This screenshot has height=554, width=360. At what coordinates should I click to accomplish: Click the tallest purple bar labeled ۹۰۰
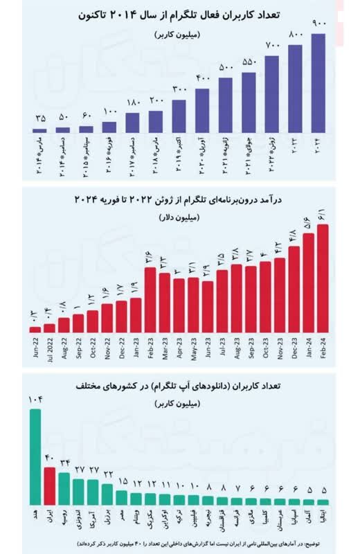point(318,83)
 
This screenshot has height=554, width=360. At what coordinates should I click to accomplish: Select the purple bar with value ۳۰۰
point(179,116)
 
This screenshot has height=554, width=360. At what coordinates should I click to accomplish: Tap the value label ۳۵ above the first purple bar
point(39,117)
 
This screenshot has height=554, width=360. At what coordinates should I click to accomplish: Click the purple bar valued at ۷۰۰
point(272,94)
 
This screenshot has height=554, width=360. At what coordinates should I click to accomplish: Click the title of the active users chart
point(180,13)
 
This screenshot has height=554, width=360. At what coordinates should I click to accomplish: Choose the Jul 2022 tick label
point(49,346)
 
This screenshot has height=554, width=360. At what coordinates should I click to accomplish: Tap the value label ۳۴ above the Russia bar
point(64,462)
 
